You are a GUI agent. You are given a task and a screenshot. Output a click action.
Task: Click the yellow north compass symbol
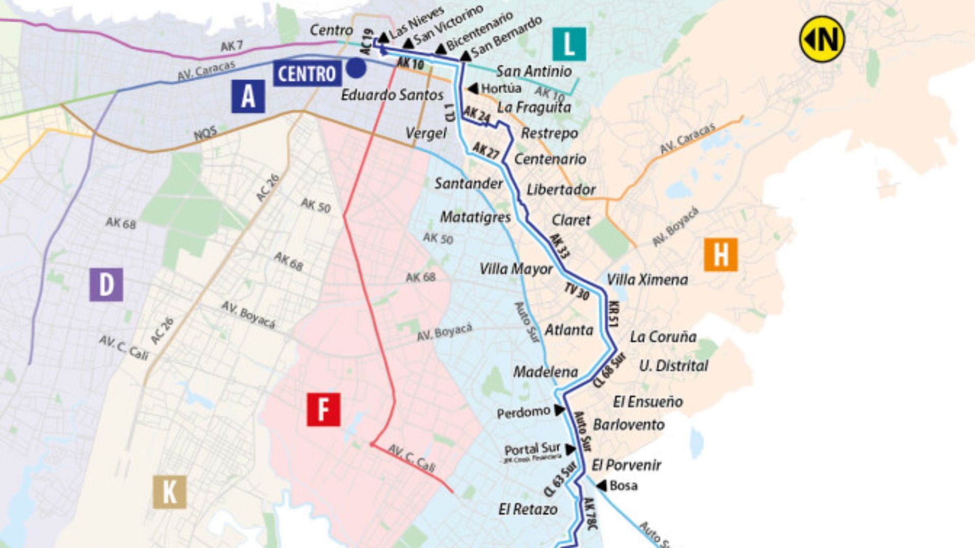pos(822,39)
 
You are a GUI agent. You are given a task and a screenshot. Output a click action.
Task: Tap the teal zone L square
pos(569,44)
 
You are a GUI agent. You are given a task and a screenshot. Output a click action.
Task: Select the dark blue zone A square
pos(248,96)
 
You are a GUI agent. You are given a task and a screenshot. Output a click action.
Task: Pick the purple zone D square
pos(106,285)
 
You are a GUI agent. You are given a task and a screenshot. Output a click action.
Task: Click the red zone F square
pos(323,409)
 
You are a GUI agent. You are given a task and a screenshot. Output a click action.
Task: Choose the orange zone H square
pos(721,255)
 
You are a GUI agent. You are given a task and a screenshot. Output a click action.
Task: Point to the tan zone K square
pos(170,492)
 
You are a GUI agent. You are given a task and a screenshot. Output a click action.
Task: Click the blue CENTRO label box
pos(307,74)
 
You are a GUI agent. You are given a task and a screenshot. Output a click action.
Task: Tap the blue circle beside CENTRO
pos(356,68)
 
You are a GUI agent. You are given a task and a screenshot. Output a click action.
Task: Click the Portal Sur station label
pos(532,449)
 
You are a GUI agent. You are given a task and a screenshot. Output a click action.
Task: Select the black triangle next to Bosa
pos(602,486)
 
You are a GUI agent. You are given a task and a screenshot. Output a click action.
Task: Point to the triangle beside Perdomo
pos(559,410)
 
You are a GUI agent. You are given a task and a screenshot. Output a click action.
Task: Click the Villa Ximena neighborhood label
pos(647,280)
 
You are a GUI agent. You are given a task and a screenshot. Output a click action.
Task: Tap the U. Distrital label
pos(673,366)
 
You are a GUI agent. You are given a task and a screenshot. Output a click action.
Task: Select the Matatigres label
pos(475,217)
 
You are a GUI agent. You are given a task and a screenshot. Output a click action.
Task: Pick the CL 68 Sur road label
pos(609,371)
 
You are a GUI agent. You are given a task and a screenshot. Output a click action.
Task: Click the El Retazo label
pos(528,509)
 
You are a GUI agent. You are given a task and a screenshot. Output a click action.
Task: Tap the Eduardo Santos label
pos(392,95)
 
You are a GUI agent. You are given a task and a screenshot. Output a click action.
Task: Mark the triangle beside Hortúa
pos(473,89)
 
